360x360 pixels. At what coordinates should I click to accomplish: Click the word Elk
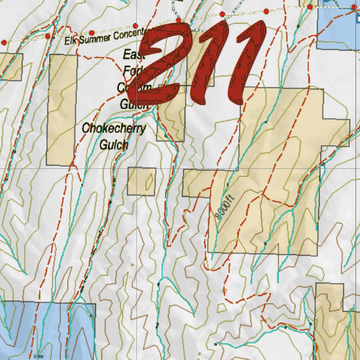click(x=71, y=40)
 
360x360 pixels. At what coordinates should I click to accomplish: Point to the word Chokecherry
click(x=114, y=129)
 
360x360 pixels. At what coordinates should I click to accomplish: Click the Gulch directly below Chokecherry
click(x=114, y=144)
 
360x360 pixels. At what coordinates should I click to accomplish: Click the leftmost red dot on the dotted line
click(x=4, y=43)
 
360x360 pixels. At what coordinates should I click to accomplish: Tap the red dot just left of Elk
click(x=47, y=37)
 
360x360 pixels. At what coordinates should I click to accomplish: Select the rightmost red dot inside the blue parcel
click(x=354, y=7)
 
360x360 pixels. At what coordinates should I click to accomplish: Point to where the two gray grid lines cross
click(x=136, y=168)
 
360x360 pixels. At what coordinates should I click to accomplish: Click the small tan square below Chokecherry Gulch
click(x=141, y=181)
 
